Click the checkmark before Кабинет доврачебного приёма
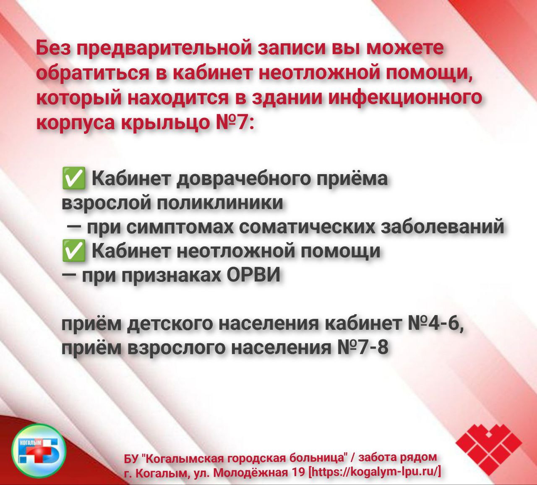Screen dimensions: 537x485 tap(73, 178)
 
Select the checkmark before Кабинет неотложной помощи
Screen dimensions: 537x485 tap(73, 250)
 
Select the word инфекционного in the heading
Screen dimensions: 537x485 tap(405, 97)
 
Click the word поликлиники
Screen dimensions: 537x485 tap(220, 203)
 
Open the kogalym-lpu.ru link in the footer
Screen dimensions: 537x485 tap(375, 471)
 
